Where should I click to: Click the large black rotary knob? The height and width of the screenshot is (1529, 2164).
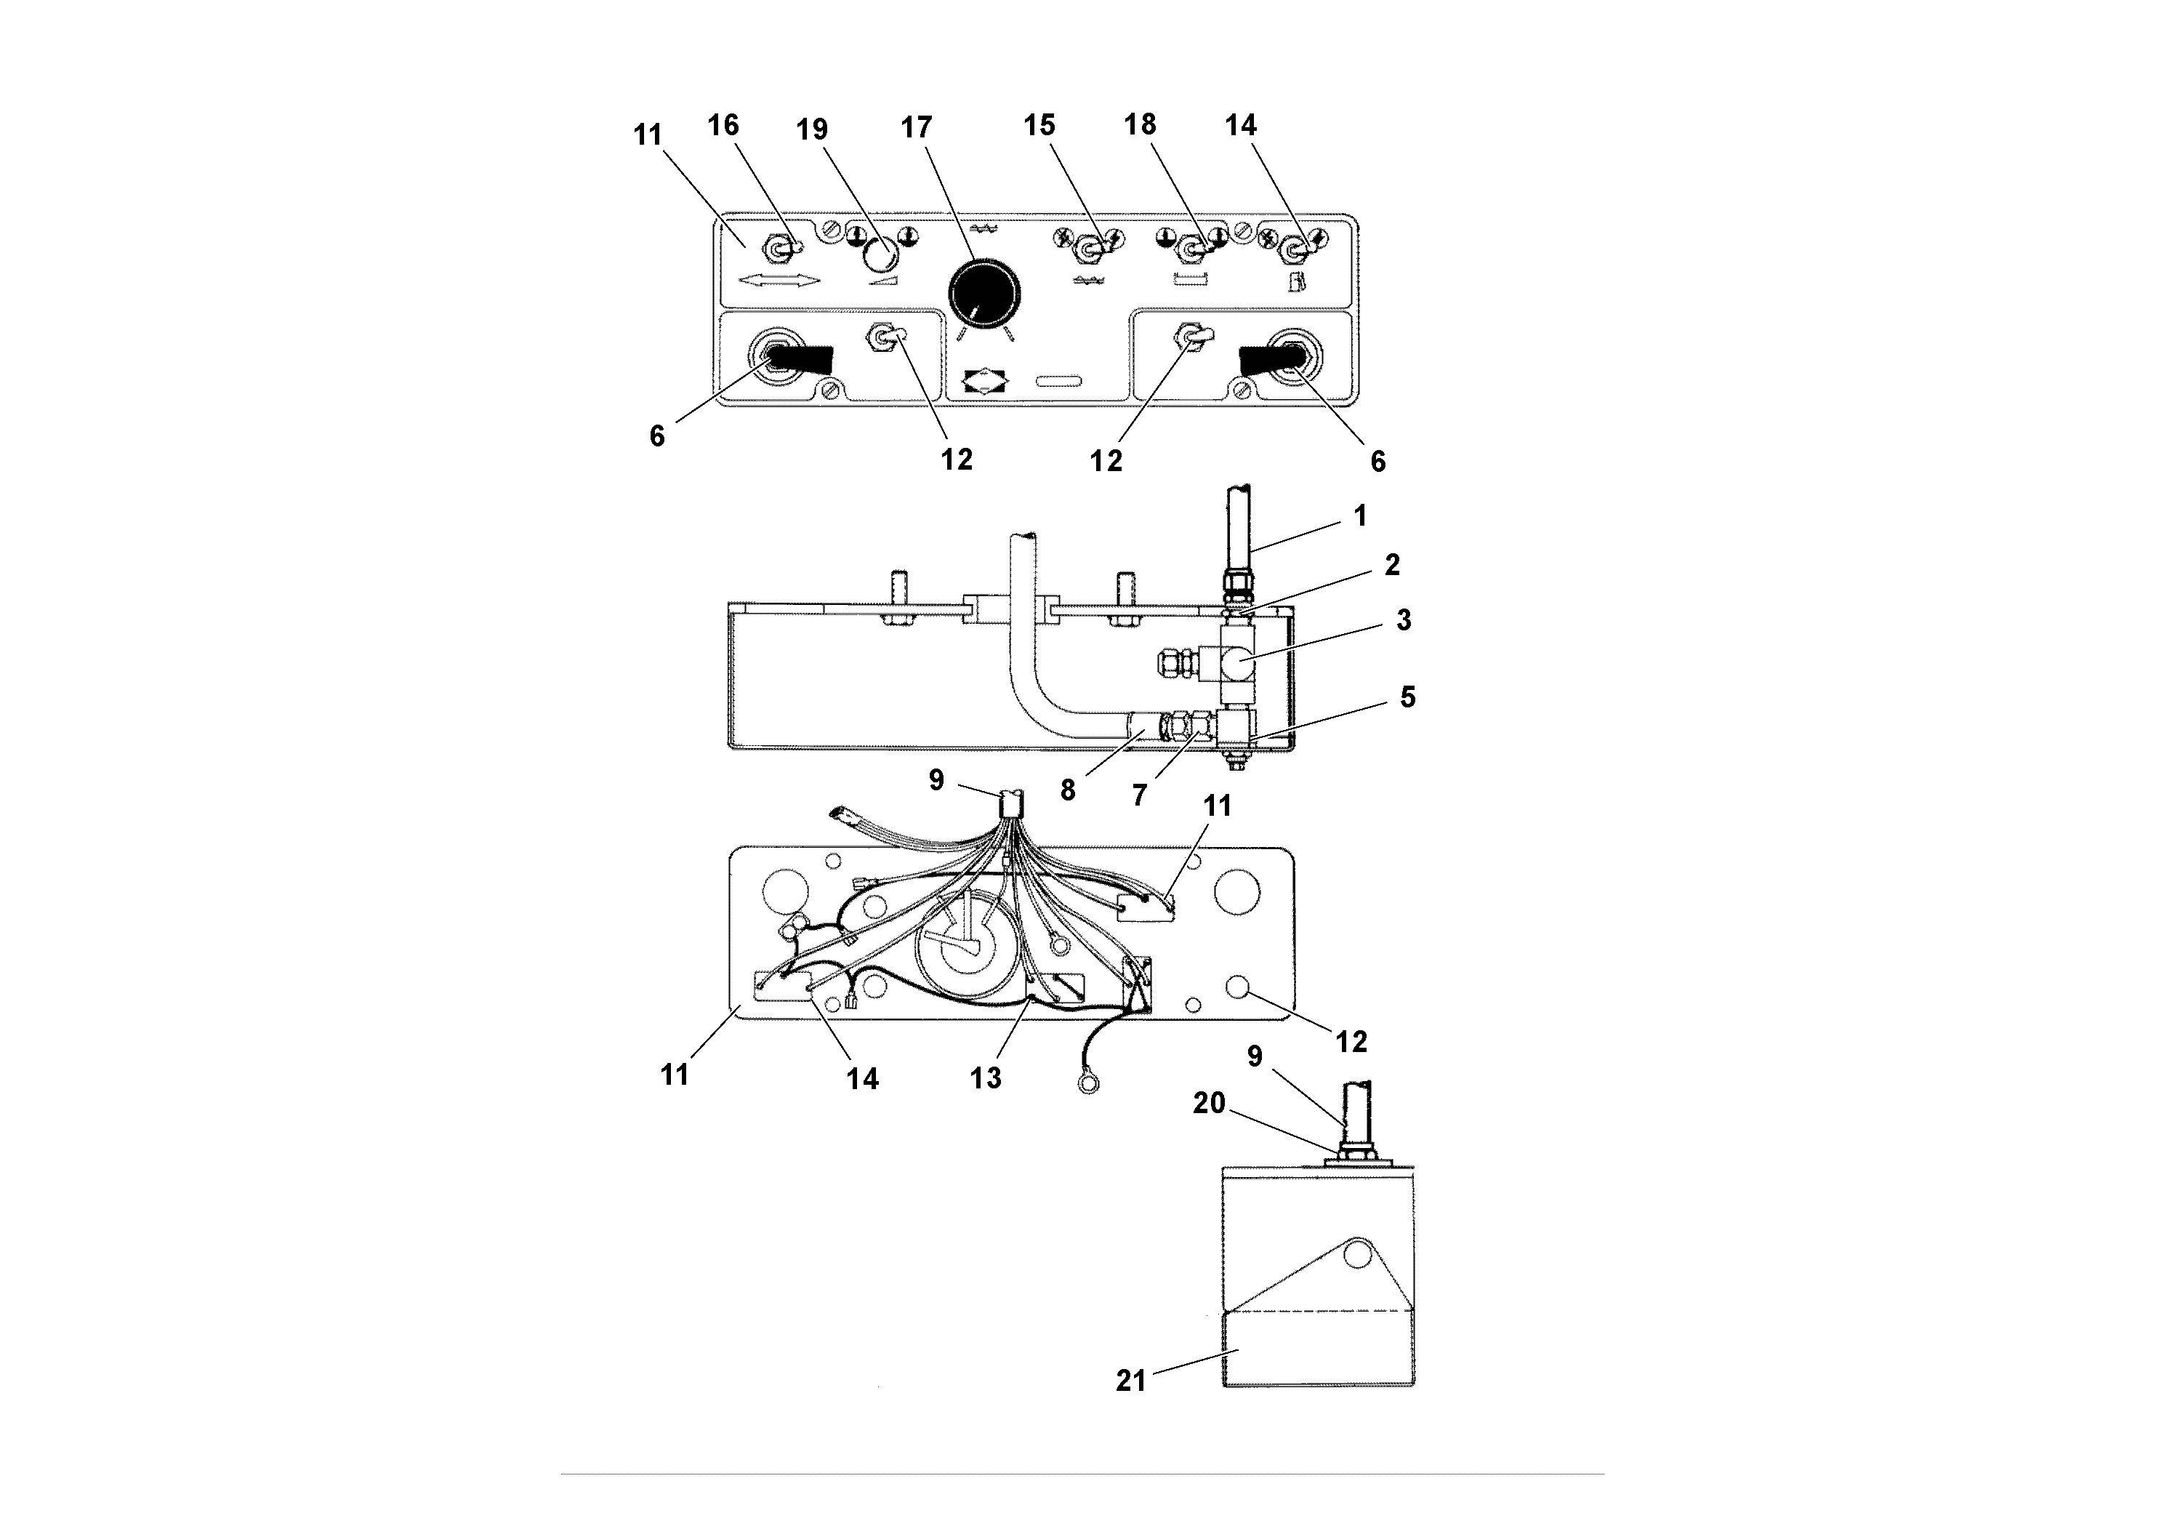point(984,292)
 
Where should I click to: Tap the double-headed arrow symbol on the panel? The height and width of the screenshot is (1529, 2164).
point(779,281)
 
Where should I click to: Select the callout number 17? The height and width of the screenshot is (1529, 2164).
point(916,127)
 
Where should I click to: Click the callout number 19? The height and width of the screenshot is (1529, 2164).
point(811,129)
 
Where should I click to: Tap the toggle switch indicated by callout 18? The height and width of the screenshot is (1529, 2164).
point(1193,250)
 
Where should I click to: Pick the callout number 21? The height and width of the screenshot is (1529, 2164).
point(1131,1381)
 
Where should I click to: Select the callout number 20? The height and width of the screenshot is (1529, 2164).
point(1210,1103)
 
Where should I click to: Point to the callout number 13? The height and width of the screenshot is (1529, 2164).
point(986,1078)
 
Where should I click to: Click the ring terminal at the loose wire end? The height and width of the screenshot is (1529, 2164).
point(1089,1087)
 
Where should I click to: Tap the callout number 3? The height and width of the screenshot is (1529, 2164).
point(1404,620)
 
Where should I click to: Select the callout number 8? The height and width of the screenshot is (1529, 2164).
point(1068,790)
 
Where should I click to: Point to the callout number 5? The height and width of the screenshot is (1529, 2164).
point(1407,697)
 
